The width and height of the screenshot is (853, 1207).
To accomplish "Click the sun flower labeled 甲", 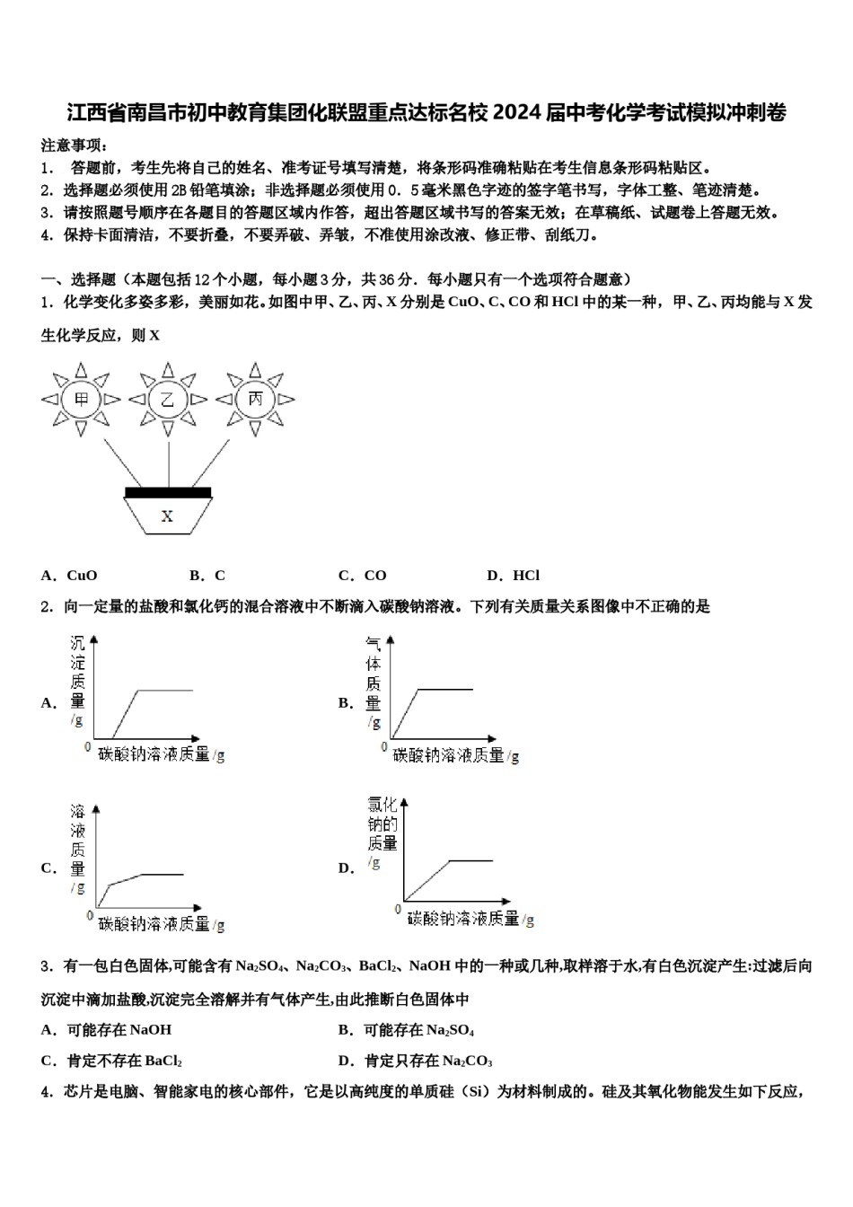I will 82,400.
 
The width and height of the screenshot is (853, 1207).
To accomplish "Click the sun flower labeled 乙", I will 168,400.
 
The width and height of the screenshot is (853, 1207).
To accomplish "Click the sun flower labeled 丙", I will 256,400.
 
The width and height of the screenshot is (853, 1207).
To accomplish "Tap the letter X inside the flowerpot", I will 167,516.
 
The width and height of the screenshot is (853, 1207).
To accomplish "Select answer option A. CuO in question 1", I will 69,576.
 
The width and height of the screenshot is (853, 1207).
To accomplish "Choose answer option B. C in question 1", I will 207,576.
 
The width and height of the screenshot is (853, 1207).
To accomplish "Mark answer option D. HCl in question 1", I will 513,576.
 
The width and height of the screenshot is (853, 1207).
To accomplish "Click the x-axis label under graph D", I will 470,919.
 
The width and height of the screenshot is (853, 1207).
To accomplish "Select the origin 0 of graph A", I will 88,746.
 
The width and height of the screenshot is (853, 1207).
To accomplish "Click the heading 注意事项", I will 75,145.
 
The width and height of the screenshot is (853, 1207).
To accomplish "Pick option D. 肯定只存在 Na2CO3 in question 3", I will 415,1061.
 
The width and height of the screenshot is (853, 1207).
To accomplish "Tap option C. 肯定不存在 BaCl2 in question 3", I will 112,1061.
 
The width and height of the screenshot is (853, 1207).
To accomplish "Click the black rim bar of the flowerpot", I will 168,492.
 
